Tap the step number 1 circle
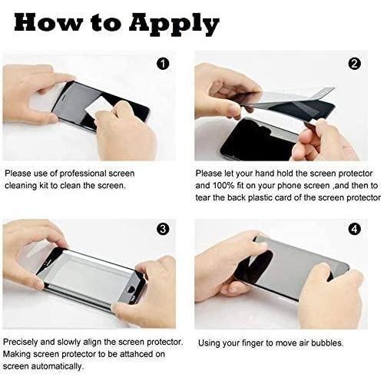(x=163, y=64)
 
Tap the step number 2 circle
(x=354, y=64)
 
